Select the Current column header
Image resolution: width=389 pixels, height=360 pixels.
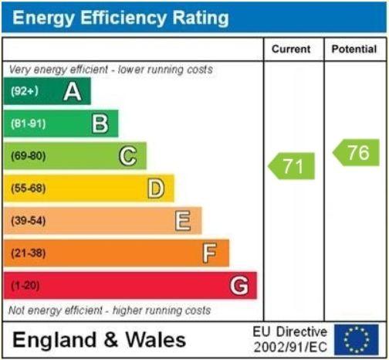tap(291, 49)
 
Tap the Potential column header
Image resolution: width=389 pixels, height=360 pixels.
tap(354, 49)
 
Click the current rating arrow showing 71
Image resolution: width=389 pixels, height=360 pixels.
tap(292, 166)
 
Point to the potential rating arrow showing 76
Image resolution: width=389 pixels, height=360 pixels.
tap(356, 152)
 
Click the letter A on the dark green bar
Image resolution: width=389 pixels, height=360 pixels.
tap(73, 92)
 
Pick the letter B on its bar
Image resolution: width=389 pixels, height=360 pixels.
tap(100, 124)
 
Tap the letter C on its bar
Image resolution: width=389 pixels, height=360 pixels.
tap(128, 156)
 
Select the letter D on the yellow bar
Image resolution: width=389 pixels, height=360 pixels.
tap(156, 188)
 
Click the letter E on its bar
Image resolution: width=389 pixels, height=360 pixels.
tap(183, 221)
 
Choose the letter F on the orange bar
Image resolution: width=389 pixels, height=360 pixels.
tap(210, 253)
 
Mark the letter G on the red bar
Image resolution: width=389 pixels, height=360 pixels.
tap(239, 286)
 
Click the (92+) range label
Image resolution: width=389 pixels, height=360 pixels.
tap(25, 92)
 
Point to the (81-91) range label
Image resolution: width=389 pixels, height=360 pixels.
tap(28, 124)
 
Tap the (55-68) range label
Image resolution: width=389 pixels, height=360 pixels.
tap(28, 188)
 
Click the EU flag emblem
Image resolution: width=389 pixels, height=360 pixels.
tap(357, 339)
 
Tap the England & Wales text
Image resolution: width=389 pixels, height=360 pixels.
tap(99, 340)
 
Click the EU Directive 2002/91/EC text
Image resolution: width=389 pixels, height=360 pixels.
tap(290, 339)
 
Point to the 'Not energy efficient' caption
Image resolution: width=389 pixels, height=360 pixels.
tap(109, 311)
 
